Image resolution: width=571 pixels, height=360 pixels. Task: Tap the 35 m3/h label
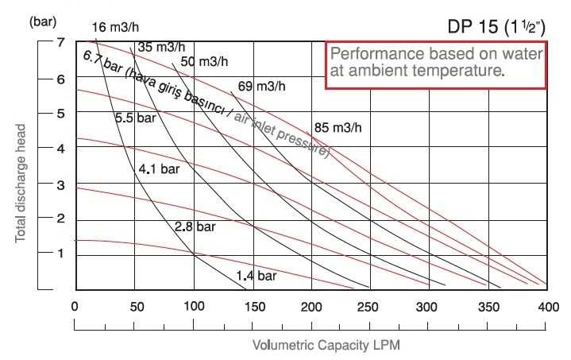(x=157, y=47)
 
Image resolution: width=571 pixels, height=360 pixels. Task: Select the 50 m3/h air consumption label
(x=204, y=61)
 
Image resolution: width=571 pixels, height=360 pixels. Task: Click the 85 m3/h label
(x=338, y=127)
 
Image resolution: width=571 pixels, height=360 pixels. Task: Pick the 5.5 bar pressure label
(x=135, y=118)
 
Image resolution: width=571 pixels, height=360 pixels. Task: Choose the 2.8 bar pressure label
(x=195, y=226)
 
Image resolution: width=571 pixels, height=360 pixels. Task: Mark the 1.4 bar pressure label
(x=256, y=276)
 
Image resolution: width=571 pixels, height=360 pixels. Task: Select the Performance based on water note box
(x=437, y=63)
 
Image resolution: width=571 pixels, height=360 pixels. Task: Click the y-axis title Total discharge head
(x=21, y=183)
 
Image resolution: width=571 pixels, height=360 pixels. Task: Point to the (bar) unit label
(x=42, y=21)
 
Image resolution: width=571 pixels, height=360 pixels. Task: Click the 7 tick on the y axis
(x=60, y=42)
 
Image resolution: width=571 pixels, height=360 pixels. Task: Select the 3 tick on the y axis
(x=60, y=184)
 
